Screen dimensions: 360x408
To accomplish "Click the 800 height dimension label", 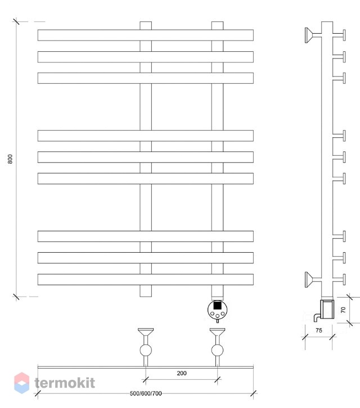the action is (x=10, y=159).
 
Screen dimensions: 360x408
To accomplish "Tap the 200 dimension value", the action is (x=182, y=373).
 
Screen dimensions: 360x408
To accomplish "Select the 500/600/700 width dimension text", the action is (x=146, y=393).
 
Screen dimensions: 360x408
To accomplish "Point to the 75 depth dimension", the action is (x=319, y=330).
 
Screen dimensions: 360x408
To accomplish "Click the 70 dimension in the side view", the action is (x=343, y=310).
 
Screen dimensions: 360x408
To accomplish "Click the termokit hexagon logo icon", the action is (x=21, y=383).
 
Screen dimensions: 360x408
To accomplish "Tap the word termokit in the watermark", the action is (x=65, y=383).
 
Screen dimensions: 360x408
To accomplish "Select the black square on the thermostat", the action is (x=217, y=305).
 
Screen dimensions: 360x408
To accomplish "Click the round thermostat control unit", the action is (x=218, y=310).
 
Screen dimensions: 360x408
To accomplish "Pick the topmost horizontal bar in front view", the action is (x=145, y=35).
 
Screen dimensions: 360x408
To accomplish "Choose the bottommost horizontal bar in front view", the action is (x=145, y=280).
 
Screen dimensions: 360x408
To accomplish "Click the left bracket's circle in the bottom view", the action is (x=146, y=350).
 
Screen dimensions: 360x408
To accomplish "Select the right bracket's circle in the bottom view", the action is (x=217, y=350).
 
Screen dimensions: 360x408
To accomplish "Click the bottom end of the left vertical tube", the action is (x=146, y=297).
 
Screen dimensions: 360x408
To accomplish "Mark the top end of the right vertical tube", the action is (x=217, y=22).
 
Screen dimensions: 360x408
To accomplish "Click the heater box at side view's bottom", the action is (x=327, y=309).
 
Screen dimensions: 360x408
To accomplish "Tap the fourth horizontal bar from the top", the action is (x=145, y=136).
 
